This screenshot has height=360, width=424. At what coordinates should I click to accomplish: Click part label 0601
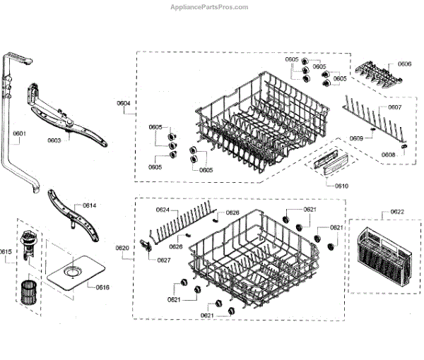(x=19, y=133)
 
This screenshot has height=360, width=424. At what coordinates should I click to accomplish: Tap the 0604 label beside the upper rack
(x=124, y=104)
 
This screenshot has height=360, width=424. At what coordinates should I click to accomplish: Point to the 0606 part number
(x=405, y=64)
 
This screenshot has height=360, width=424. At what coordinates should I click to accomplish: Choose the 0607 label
(x=394, y=107)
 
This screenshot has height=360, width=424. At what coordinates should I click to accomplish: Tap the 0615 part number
(x=6, y=251)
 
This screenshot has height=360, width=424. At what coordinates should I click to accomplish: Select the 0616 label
(x=102, y=287)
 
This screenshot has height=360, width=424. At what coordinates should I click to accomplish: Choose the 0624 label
(x=163, y=210)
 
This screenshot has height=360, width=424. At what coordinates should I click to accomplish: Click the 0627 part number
(x=163, y=260)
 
